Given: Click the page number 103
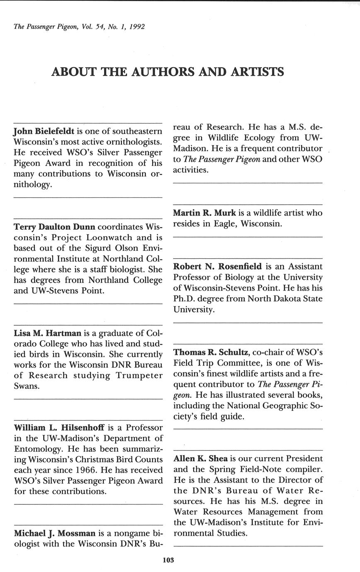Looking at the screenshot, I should point(168,560).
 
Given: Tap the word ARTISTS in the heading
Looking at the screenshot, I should point(257,72).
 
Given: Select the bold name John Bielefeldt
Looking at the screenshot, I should point(44,131).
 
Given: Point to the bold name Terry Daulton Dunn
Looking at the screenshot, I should point(54,227).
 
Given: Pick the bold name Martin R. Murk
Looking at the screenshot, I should point(204,213).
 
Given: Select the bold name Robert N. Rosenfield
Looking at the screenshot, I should point(217,266).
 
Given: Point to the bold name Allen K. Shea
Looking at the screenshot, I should point(200,459).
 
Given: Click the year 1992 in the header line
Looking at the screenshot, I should point(137,27).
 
